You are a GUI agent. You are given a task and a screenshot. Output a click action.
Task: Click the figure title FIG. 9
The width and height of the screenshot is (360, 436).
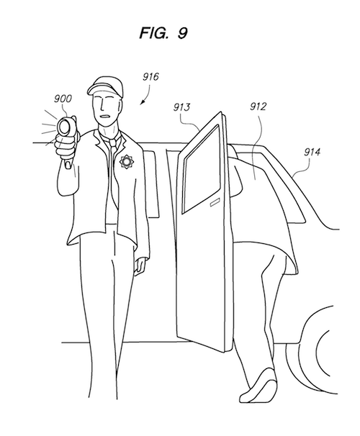pos(163,33)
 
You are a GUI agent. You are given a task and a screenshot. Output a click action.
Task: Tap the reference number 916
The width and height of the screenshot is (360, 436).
pos(150,77)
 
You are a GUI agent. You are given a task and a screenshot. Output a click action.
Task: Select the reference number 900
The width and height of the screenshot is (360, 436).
pos(63,99)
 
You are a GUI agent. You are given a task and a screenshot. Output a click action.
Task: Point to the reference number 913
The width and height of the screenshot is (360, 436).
pos(181,107)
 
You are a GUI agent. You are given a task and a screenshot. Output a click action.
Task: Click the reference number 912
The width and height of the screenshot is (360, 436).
pos(258,106)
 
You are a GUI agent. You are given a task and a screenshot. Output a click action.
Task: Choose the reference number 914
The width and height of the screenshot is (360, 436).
pos(312,152)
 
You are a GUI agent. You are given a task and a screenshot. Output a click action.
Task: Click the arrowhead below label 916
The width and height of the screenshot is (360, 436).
pos(142,103)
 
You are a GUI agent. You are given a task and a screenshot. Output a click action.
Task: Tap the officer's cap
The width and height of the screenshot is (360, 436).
pos(105,86)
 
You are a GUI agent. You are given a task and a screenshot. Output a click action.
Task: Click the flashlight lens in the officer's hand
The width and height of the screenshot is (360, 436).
pos(65,127)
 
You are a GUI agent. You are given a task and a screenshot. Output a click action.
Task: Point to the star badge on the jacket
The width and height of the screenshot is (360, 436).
pos(127,162)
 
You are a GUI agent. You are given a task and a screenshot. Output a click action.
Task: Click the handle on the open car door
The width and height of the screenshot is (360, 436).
pos(215,204)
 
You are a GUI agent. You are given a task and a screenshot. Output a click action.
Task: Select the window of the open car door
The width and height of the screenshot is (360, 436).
pos(201,169)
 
